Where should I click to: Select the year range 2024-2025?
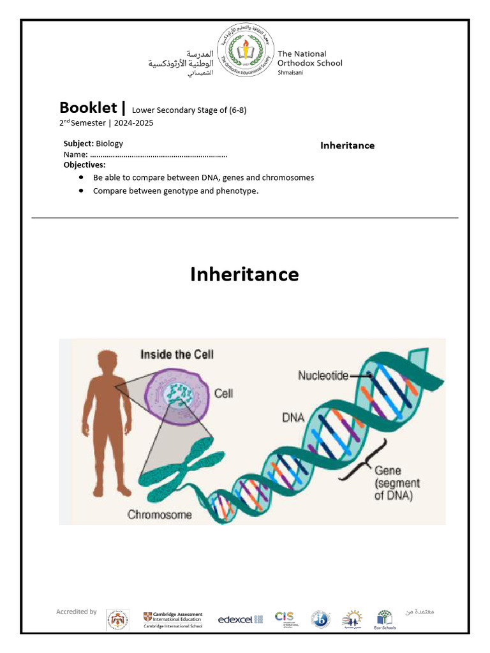pos(134,123)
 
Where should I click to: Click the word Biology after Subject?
pos(110,143)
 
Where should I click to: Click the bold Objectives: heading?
pos(84,165)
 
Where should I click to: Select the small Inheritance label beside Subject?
pos(347,145)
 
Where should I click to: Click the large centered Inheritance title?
pos(244,274)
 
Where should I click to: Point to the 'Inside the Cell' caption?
pos(177,355)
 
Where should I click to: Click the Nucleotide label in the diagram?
pos(323,376)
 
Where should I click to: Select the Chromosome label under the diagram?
pos(160,514)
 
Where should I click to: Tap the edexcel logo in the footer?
pos(241,619)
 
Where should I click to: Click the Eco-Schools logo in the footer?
pos(385,619)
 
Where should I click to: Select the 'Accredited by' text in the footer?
pos(77,612)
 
